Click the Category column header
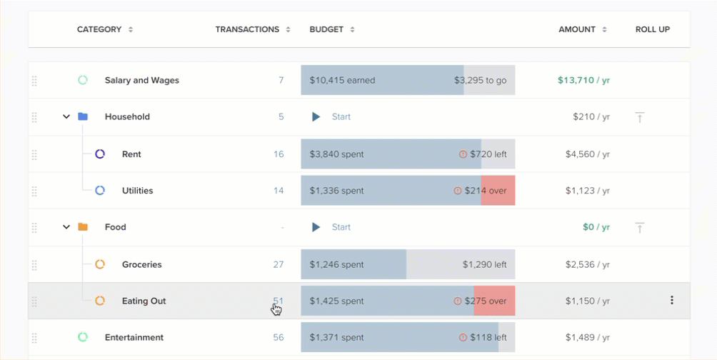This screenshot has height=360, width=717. (x=99, y=29)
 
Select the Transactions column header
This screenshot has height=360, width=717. (x=247, y=29)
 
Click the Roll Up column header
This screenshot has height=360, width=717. (x=652, y=29)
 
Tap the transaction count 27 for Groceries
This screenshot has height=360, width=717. (x=278, y=264)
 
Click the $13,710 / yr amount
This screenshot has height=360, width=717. (x=583, y=80)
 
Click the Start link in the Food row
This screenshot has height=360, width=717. (x=341, y=227)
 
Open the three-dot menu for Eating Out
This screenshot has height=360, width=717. (x=671, y=301)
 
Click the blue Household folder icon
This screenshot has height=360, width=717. (x=83, y=116)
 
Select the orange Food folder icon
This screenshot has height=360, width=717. (x=83, y=227)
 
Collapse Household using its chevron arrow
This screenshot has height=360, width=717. (x=66, y=116)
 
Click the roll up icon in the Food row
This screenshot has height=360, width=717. (x=639, y=227)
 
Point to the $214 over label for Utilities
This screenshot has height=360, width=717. (x=485, y=191)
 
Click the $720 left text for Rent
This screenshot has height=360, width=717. (x=488, y=154)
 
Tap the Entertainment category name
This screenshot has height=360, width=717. (x=134, y=337)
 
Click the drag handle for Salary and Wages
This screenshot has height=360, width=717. (x=34, y=81)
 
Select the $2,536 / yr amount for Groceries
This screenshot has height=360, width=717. (x=587, y=264)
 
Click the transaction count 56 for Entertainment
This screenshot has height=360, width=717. (x=278, y=337)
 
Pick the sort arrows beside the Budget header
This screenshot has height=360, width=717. (x=352, y=29)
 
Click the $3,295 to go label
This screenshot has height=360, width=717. (x=480, y=80)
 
